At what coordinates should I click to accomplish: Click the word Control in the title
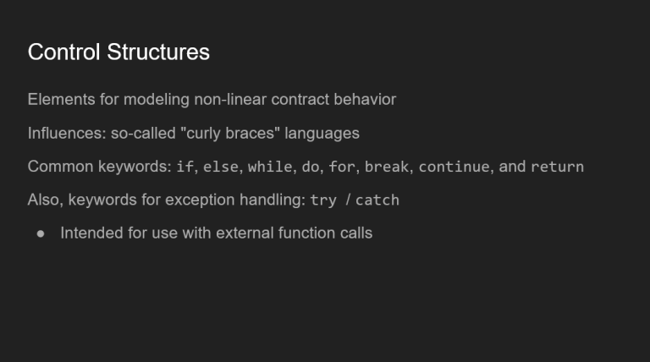pos(63,52)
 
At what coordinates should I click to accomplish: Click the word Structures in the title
pos(158,52)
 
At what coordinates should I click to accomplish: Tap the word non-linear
pos(230,100)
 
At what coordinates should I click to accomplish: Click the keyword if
pos(185,167)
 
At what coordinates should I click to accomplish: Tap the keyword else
pos(221,167)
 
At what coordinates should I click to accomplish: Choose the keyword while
pos(270,167)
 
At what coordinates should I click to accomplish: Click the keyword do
pos(311,167)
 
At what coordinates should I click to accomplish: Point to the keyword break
pos(387,167)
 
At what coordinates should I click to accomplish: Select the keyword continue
pos(454,167)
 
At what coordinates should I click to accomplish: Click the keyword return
pos(557,167)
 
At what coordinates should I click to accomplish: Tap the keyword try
pos(323,200)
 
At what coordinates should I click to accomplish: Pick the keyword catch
pos(377,200)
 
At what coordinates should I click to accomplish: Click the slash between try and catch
pos(348,200)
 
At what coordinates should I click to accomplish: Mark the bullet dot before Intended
pos(41,234)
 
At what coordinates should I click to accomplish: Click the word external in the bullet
pos(245,233)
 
